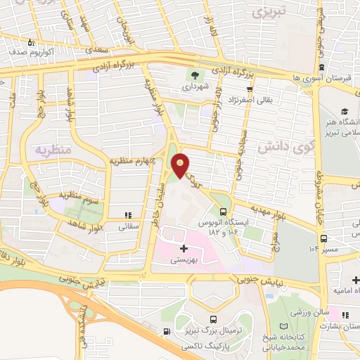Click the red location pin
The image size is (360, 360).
tap(181, 165)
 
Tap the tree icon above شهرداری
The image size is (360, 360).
tap(193, 76)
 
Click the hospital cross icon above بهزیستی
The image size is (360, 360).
tap(184, 248)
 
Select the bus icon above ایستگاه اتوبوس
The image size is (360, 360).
tap(223, 211)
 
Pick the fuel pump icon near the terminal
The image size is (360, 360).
tap(166, 332)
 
